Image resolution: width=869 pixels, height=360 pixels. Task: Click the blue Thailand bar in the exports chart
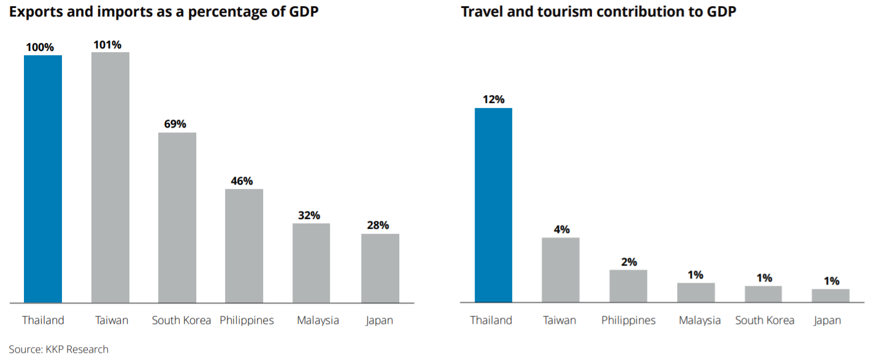tap(43, 178)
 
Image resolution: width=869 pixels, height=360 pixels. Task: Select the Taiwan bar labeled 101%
tap(110, 177)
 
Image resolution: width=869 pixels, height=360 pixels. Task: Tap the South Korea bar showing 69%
tap(177, 217)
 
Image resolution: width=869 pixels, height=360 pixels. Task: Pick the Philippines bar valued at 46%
tap(244, 245)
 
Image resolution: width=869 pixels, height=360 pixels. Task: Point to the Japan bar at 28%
tap(380, 268)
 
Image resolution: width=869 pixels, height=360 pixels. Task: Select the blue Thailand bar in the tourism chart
tap(493, 205)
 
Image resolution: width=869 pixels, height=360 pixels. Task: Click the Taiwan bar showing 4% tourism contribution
tap(561, 270)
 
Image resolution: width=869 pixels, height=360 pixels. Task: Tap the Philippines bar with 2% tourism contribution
tap(628, 286)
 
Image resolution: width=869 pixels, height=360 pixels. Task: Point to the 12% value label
tap(493, 99)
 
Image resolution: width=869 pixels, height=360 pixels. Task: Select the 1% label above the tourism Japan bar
tap(831, 281)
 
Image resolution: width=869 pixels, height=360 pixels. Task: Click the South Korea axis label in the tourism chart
tap(764, 320)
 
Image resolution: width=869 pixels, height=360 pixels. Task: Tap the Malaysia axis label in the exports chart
tap(318, 320)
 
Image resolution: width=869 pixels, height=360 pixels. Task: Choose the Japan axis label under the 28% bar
tap(379, 320)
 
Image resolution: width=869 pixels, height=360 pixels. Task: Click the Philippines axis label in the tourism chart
tap(628, 320)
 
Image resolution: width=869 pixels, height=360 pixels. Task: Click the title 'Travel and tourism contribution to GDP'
tap(598, 12)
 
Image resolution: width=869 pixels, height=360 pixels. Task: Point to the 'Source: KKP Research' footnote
tap(58, 350)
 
